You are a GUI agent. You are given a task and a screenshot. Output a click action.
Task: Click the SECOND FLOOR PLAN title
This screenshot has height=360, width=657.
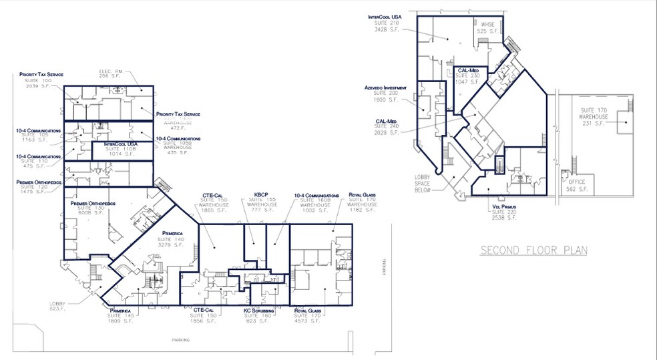point(533,250)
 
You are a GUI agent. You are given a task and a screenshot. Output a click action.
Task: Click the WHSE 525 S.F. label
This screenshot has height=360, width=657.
point(486,27)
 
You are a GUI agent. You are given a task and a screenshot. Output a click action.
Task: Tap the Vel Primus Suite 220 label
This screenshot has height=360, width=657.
point(502,212)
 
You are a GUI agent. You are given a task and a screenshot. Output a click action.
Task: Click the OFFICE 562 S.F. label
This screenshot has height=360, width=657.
point(576,185)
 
